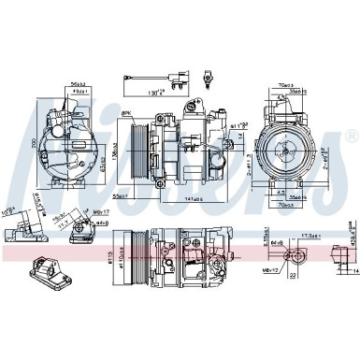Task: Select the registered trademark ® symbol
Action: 351,137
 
